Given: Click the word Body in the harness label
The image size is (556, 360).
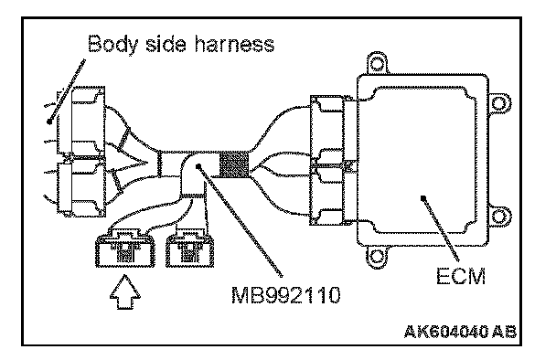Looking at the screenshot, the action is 112,45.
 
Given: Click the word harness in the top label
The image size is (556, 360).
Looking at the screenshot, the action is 234,44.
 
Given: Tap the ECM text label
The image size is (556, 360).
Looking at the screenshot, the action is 461,276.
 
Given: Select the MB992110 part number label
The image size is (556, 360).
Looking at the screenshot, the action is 286,295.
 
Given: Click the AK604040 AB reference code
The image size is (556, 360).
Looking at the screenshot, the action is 460,332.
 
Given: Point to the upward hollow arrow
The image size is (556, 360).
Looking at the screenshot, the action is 124,292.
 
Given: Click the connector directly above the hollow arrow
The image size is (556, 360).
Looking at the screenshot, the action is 125,248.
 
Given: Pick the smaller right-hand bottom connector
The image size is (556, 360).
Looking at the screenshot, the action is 189,248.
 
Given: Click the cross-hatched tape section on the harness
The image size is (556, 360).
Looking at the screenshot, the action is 234,164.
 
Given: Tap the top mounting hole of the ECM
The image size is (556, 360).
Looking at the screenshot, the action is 377,65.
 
